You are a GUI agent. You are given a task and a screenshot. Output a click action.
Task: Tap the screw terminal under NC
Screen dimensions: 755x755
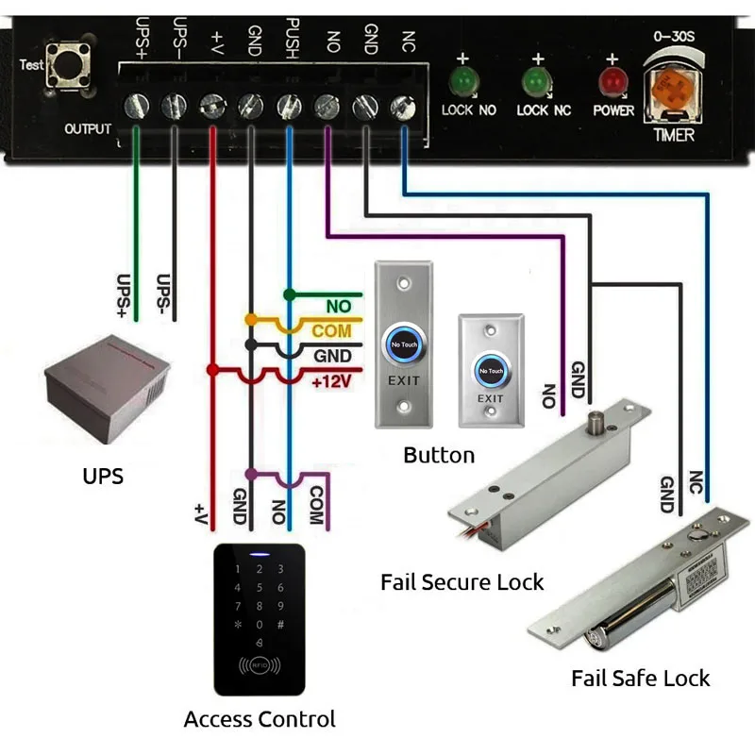[403, 104]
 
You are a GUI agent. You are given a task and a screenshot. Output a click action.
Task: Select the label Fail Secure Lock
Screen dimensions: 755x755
[461, 581]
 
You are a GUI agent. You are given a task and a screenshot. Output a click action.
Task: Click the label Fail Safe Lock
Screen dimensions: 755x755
[640, 678]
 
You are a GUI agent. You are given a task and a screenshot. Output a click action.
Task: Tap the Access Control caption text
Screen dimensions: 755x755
[260, 719]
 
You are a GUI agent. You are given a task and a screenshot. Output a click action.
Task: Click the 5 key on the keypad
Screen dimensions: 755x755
[259, 587]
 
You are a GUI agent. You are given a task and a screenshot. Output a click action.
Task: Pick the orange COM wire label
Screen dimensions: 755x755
[331, 330]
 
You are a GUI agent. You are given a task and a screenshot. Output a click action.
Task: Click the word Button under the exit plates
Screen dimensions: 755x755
[439, 456]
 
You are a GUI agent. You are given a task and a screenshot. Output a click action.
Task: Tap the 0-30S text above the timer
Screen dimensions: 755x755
[673, 36]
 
